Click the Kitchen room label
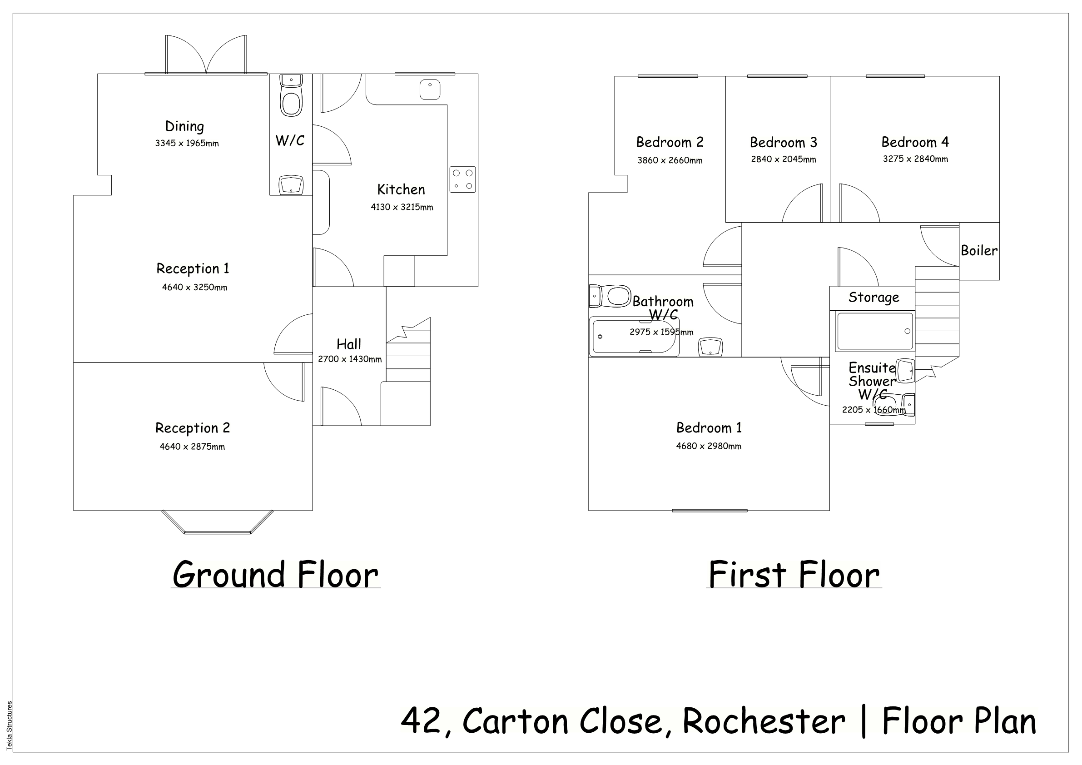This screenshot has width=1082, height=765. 401,189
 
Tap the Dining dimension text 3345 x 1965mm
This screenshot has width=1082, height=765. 187,143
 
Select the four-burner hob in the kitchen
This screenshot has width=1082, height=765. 463,179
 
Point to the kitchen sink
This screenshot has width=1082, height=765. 430,89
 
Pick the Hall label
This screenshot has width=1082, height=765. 349,344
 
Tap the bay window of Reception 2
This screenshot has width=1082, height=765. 217,522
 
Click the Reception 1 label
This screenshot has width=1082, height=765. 193,268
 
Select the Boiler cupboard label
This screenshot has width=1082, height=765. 979,251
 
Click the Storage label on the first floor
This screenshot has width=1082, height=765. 874,298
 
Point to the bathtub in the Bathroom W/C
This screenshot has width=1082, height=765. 634,337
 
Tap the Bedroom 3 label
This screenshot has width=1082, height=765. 783,142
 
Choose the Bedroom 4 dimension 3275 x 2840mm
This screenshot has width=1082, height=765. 915,159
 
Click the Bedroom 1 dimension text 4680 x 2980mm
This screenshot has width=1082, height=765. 708,446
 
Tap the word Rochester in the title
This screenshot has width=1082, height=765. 764,722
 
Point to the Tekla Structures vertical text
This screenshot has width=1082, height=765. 10,726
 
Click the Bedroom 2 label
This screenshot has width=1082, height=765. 670,142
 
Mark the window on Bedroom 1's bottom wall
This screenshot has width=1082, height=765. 710,511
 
